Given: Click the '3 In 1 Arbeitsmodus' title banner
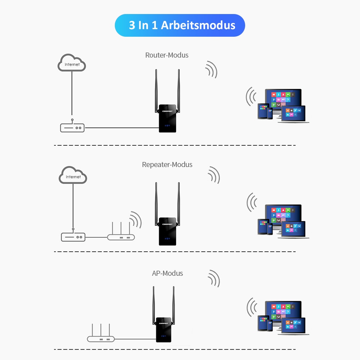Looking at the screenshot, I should (x=180, y=25).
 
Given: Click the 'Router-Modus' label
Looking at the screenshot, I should (x=167, y=55).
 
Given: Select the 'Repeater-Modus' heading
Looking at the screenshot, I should (x=167, y=165).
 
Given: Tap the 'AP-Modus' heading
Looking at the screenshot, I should (x=167, y=273).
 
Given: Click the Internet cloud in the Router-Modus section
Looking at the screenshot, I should (x=72, y=63).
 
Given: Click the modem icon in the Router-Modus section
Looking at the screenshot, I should (x=72, y=127).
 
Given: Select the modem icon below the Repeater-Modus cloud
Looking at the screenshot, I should (x=73, y=237).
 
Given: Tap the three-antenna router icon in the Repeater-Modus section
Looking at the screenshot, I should (x=121, y=234).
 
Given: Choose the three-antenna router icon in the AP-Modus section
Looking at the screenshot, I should (x=101, y=336).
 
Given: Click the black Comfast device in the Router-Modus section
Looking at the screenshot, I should (x=167, y=119).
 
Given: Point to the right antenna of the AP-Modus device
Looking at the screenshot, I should (x=174, y=302).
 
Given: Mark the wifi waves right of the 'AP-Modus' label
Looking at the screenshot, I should (x=214, y=278).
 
